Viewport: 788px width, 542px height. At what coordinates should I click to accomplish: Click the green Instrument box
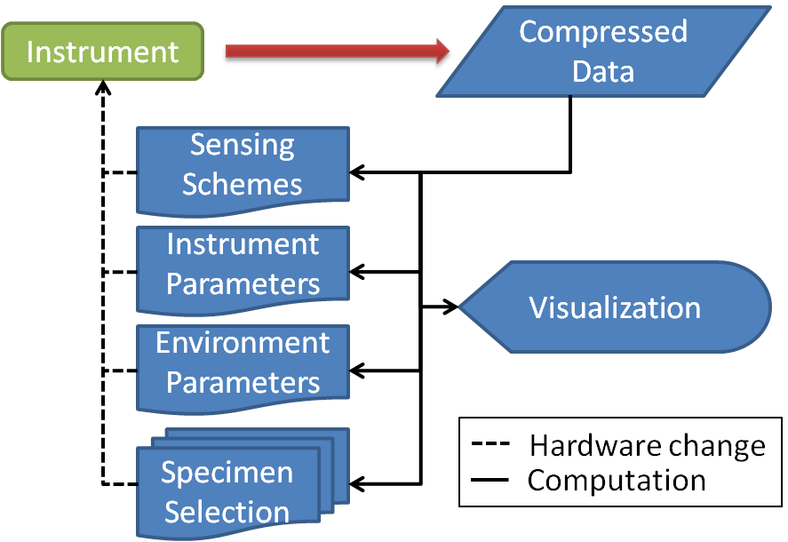pyautogui.click(x=102, y=52)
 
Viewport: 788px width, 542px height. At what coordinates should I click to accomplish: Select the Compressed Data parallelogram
pyautogui.click(x=602, y=52)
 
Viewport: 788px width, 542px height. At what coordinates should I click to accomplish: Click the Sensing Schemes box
pyautogui.click(x=242, y=166)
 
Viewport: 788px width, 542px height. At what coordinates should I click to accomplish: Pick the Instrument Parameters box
pyautogui.click(x=242, y=265)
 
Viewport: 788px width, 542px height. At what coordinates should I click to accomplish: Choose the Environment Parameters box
pyautogui.click(x=242, y=363)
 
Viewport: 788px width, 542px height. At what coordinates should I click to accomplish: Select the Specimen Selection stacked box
pyautogui.click(x=227, y=491)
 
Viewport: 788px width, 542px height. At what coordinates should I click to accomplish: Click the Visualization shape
pyautogui.click(x=615, y=307)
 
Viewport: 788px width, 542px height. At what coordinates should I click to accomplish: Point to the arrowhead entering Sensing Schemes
pyautogui.click(x=358, y=171)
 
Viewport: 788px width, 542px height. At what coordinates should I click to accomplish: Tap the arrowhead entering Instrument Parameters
pyautogui.click(x=358, y=270)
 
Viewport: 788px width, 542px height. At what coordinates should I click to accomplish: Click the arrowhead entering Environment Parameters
pyautogui.click(x=358, y=369)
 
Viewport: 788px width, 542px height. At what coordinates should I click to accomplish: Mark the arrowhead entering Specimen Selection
pyautogui.click(x=358, y=484)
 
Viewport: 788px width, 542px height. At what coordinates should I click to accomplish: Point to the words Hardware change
pyautogui.click(x=647, y=444)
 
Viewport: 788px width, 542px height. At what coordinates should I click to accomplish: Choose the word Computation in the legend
pyautogui.click(x=617, y=481)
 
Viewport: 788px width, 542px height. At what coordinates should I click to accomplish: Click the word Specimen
pyautogui.click(x=227, y=473)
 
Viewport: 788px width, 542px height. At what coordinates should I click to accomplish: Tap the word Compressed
pyautogui.click(x=603, y=31)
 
